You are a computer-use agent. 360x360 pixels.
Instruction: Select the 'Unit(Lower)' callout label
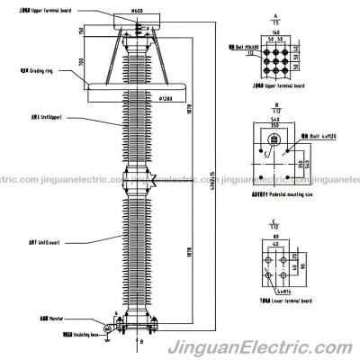pyautogui.click(x=40, y=243)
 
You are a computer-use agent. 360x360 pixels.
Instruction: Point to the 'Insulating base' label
pyautogui.click(x=38, y=332)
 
